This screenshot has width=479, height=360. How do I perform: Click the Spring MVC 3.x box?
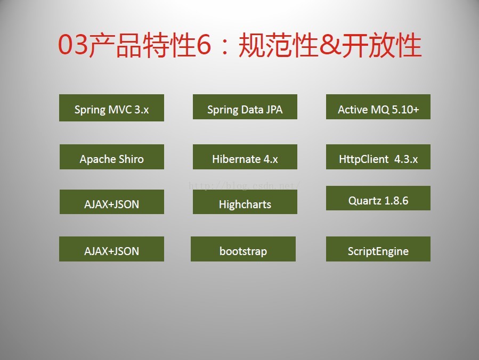[x=111, y=108]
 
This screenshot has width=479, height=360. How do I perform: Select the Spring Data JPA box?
[x=245, y=107]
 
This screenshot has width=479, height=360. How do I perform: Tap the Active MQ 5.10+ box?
[x=378, y=107]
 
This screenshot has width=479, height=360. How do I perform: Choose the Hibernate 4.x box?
[x=245, y=157]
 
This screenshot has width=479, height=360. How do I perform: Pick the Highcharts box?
[x=245, y=202]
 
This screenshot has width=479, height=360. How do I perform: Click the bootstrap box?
[x=243, y=249]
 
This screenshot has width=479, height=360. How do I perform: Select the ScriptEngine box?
[x=378, y=249]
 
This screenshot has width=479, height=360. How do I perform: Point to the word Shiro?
[x=131, y=159]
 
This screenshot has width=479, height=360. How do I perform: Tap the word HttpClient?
[x=363, y=159]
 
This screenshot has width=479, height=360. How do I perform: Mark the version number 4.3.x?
[x=405, y=159]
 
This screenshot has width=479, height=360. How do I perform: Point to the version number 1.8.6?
[x=396, y=201]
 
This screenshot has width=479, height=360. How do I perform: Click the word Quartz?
[x=365, y=201]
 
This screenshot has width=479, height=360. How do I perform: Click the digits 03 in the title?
[x=74, y=45]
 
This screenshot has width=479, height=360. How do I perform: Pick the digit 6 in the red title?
[x=204, y=45]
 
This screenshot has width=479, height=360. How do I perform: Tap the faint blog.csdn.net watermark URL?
[x=245, y=185]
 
